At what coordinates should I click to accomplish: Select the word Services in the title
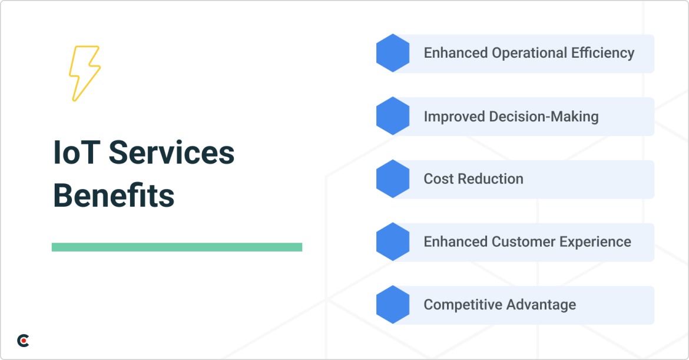[x=171, y=153]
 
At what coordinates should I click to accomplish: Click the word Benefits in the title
[x=114, y=196]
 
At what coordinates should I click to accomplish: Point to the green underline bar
[x=177, y=247]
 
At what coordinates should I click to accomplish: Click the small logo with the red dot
[x=23, y=341]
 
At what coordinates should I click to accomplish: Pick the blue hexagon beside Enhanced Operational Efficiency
[x=393, y=53]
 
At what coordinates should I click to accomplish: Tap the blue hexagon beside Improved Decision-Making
[x=393, y=116]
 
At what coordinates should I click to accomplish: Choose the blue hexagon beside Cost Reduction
[x=393, y=179]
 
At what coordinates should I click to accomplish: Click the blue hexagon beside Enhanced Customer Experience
[x=393, y=242]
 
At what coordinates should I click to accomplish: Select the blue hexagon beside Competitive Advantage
[x=393, y=305]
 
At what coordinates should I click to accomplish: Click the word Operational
[x=529, y=53]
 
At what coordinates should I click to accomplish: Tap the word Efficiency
[x=602, y=53]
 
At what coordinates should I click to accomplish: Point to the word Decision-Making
[x=544, y=117]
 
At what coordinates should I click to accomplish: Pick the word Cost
[x=439, y=179]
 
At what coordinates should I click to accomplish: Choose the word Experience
[x=595, y=242]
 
